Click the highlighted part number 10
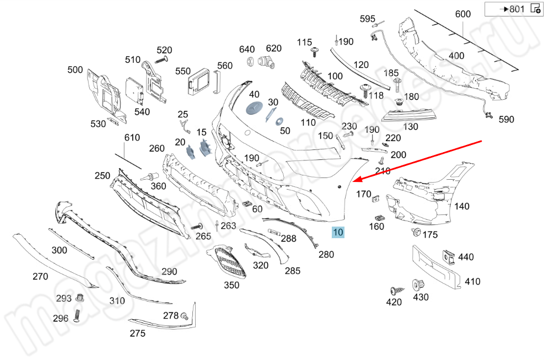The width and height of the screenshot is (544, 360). pos(337,232)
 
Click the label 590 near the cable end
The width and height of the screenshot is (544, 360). pos(507,119)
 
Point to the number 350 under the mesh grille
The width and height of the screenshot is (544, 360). pos(231,285)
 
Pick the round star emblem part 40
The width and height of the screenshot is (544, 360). pos(254,109)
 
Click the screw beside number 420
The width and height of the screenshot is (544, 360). pos(396,290)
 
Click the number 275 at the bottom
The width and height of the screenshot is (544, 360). pos(137,333)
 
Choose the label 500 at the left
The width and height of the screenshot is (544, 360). pos(75,70)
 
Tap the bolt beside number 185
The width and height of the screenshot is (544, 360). pos(396,84)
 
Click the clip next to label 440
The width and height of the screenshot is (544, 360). pos(449,257)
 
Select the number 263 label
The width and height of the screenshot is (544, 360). pos(228,225)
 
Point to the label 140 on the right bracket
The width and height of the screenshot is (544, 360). pos(462,207)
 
